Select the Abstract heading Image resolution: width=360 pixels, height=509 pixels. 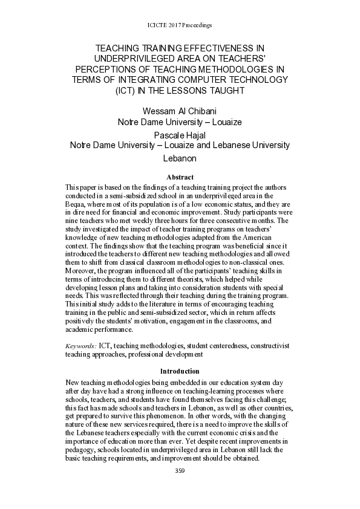180,177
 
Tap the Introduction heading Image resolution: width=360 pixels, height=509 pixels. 180,371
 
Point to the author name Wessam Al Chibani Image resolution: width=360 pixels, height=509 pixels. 180,111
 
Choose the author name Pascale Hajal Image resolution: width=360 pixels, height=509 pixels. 180,134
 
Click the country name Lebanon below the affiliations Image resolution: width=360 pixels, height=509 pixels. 180,158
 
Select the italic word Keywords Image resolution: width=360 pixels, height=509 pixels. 80,345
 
